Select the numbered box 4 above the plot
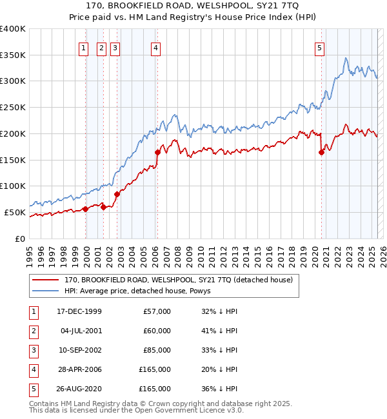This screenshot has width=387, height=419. [156, 46]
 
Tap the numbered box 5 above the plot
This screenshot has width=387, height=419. [320, 46]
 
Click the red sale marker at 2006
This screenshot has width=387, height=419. [157, 152]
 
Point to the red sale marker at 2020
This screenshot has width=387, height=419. [321, 152]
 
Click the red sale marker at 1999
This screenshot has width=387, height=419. [85, 209]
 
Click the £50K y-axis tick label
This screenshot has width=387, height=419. [15, 212]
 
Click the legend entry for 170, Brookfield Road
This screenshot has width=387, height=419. [179, 280]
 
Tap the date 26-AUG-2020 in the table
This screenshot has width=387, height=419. [79, 389]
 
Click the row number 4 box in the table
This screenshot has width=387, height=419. [33, 370]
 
